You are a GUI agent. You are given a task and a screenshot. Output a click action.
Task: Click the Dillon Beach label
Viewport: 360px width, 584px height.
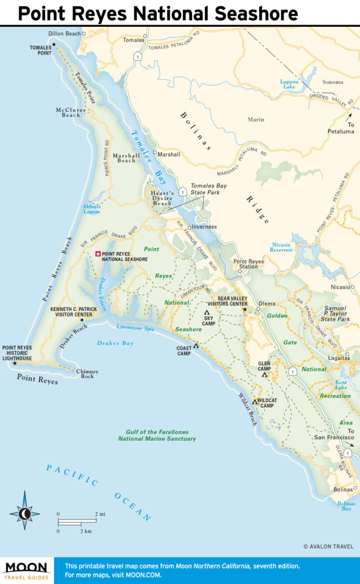click(x=64, y=34)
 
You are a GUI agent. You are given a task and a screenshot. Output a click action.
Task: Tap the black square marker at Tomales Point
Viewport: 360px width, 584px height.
click(x=54, y=44)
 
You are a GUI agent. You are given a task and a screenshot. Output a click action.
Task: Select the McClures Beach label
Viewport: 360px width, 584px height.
click(x=71, y=112)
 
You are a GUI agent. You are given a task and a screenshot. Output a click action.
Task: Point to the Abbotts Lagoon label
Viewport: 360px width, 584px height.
click(x=91, y=209)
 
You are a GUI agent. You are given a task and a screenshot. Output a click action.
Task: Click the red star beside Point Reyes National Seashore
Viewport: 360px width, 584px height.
click(x=98, y=254)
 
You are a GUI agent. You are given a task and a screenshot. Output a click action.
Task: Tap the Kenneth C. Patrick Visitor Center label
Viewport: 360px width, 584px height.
click(x=71, y=312)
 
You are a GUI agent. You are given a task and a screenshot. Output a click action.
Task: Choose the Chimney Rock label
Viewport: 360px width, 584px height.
click(x=87, y=375)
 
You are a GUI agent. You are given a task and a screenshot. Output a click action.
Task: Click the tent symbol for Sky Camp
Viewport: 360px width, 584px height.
click(x=207, y=312)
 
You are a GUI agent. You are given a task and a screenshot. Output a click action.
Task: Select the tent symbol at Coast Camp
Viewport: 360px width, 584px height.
click(x=196, y=346)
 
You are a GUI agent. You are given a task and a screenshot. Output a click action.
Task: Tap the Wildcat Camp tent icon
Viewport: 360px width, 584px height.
click(x=255, y=401)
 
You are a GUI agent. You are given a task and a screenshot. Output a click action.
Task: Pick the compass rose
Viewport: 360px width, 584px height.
click(x=25, y=514)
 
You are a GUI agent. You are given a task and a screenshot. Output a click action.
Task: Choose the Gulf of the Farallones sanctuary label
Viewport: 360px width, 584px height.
click(x=157, y=435)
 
